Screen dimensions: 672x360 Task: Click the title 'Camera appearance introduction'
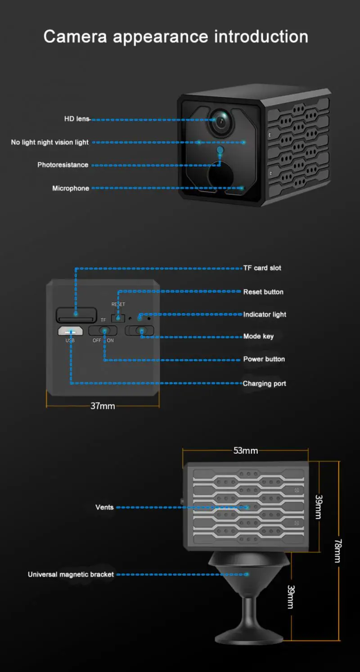[175, 36]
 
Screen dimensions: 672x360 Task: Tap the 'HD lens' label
[77, 119]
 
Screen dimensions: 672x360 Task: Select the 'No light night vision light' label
[50, 142]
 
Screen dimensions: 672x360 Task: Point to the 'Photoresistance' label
[63, 165]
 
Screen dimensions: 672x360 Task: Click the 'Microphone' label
[71, 188]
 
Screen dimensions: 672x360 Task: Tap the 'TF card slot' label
[262, 268]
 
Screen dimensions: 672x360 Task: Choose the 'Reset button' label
[263, 292]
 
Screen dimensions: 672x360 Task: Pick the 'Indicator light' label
[265, 314]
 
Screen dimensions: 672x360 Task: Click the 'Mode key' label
[258, 336]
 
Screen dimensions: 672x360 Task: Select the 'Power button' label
[264, 359]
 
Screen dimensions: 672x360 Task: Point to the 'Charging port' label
[264, 383]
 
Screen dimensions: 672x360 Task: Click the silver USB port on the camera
[70, 331]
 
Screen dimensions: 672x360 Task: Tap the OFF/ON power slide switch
[103, 331]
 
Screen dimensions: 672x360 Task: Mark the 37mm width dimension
[103, 406]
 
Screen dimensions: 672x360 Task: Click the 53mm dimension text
[245, 451]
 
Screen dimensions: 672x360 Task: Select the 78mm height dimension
[337, 550]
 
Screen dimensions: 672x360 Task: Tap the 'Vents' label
[104, 507]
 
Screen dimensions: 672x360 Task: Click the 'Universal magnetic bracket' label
[71, 574]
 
